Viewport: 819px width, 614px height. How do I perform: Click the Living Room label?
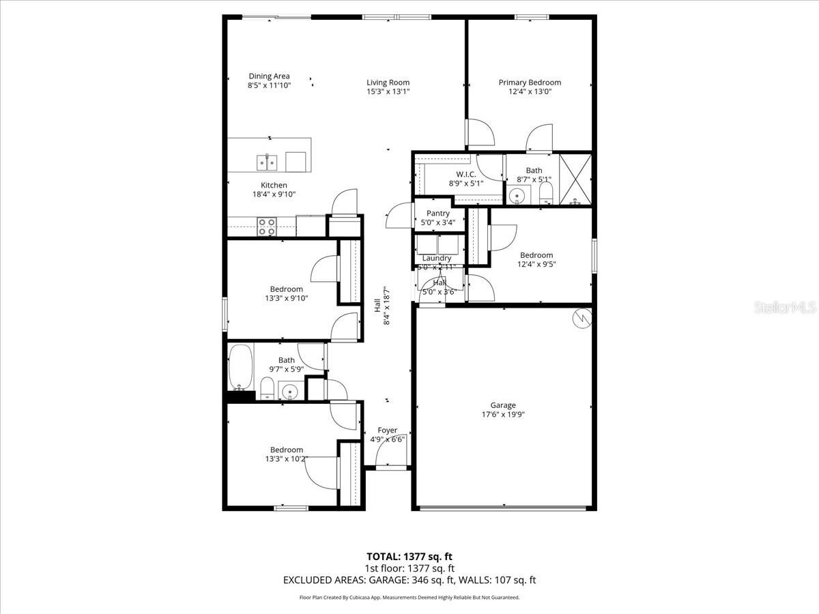(x=388, y=83)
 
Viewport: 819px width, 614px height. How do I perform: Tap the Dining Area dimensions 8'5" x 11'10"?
(x=269, y=86)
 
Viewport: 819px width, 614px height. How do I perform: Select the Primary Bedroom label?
(x=530, y=83)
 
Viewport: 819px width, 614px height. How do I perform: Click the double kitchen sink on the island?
(x=267, y=162)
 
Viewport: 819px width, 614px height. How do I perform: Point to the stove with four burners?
(x=266, y=226)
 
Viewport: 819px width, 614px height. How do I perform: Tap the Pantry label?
(x=437, y=214)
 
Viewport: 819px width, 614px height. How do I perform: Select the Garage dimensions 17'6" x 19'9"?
(x=503, y=414)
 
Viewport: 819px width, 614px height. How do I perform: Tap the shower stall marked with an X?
(x=575, y=179)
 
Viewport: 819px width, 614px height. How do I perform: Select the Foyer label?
(x=387, y=430)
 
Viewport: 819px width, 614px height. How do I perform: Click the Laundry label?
(x=437, y=258)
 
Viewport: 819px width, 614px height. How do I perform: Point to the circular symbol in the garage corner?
(x=581, y=319)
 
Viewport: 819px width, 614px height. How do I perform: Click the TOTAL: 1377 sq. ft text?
(x=409, y=556)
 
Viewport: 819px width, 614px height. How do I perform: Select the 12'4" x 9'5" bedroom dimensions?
(x=536, y=264)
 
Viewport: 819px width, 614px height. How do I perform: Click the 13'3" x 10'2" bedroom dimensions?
(x=286, y=458)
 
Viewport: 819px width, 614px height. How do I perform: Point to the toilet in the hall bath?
(x=268, y=387)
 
